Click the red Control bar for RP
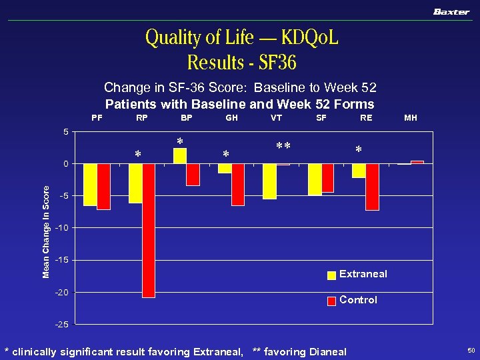[148, 230]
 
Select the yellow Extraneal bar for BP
[179, 156]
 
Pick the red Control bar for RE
[372, 187]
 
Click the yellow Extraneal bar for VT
[269, 181]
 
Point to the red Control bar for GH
[237, 185]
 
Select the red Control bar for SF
[327, 178]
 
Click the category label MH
[411, 118]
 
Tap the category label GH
[232, 118]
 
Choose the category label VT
[276, 118]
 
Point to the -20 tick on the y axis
[61, 292]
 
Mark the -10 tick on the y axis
[61, 228]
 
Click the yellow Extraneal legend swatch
[331, 275]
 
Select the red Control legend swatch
[331, 301]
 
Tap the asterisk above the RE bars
[359, 151]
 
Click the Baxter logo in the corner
[451, 11]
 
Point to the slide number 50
[471, 350]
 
